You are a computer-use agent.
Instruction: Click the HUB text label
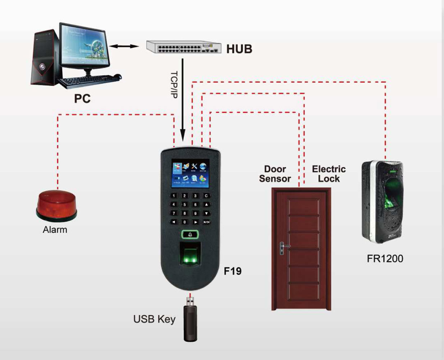coord(239,49)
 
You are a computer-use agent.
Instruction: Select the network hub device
coord(183,47)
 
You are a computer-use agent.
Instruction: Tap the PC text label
coord(82,98)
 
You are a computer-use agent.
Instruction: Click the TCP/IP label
coord(174,84)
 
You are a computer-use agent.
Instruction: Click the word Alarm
coord(55,230)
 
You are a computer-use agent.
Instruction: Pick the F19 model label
coord(233,271)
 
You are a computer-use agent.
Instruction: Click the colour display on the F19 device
coord(190,173)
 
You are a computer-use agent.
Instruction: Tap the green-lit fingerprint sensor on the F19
coord(190,255)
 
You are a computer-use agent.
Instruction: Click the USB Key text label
coord(154,319)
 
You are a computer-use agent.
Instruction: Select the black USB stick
coord(190,322)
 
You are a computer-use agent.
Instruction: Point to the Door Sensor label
coord(275,174)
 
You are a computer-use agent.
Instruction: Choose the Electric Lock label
coord(329,174)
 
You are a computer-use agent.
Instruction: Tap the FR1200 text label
coord(385,258)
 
